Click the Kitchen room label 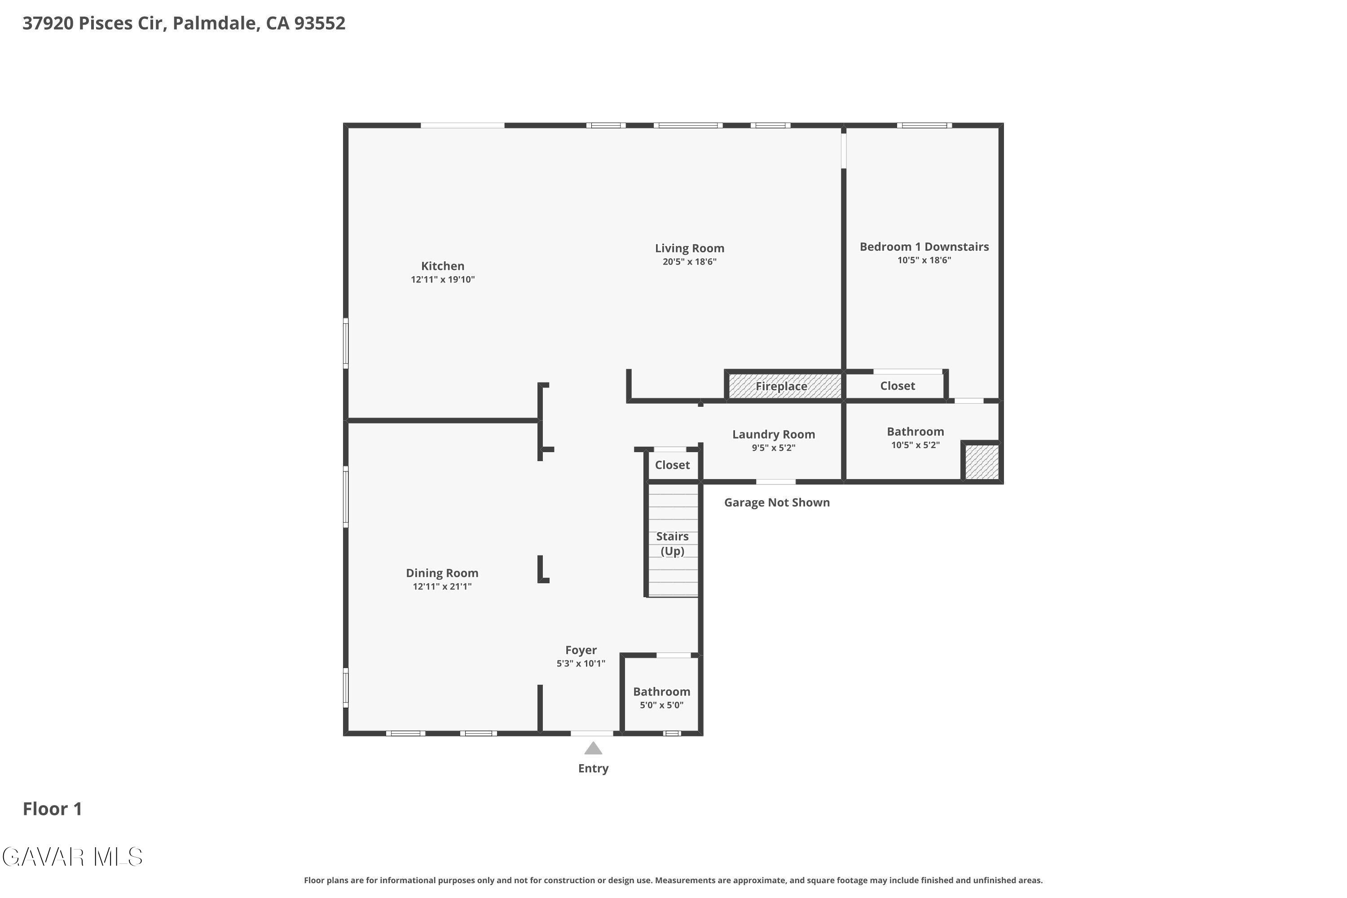[443, 266]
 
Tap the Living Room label [690, 248]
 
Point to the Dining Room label [442, 573]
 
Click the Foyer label [581, 650]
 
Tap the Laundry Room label [774, 434]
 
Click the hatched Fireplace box [784, 386]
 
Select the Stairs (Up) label [672, 543]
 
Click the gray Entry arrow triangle [593, 748]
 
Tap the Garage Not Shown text [777, 502]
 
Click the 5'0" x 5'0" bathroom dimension [661, 705]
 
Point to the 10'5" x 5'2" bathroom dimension [915, 445]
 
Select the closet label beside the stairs [672, 464]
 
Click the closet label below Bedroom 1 [898, 385]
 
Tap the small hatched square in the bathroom [982, 462]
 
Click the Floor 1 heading [52, 809]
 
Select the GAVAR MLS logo [72, 857]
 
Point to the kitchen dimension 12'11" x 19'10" [443, 279]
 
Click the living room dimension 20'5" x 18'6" [690, 262]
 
